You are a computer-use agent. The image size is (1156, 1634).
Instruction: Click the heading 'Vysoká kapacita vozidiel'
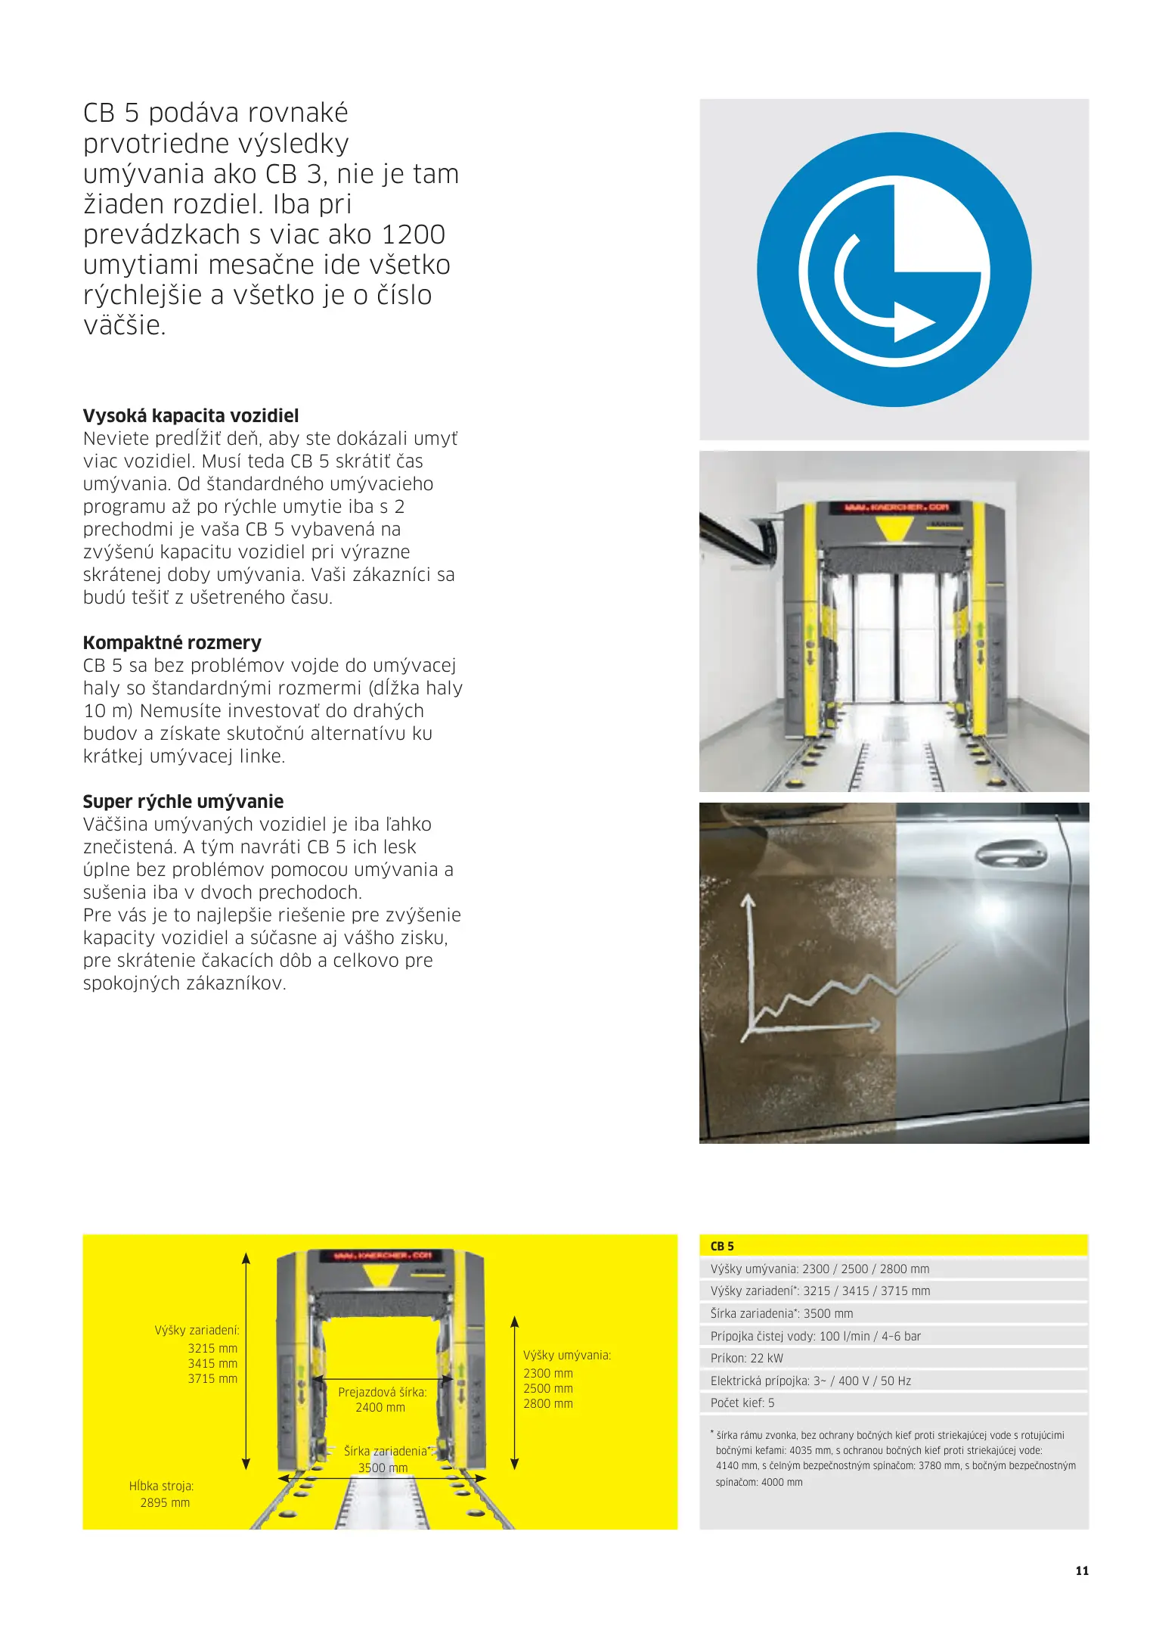(191, 415)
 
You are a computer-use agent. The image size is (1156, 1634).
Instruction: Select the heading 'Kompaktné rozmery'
(172, 642)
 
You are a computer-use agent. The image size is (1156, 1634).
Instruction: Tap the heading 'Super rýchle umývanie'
(183, 801)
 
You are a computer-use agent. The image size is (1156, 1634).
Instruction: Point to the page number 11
(1082, 1570)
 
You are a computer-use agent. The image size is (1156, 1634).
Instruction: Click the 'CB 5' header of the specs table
(722, 1246)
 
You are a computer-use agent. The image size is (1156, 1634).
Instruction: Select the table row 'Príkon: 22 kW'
(747, 1358)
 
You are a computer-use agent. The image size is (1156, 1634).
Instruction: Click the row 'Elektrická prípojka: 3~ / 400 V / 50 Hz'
(810, 1381)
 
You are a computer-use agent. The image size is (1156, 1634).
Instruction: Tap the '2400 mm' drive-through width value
(380, 1407)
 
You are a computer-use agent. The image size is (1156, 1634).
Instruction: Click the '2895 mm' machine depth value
(165, 1502)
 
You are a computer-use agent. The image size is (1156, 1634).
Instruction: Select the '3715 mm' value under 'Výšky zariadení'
(212, 1378)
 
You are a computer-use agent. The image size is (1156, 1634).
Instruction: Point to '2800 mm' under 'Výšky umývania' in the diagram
(548, 1403)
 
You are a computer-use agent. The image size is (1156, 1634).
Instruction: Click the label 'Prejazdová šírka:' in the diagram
(383, 1392)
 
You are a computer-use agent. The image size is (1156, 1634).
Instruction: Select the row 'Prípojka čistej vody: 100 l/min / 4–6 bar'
(816, 1336)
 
